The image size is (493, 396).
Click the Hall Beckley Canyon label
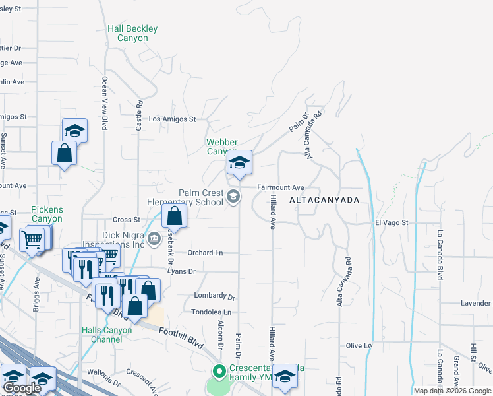coord(132,34)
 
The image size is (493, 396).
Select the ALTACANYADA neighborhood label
coord(324,199)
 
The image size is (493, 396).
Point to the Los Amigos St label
coord(173,119)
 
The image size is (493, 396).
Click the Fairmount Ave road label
coord(280,187)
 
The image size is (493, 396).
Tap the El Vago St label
coord(392,223)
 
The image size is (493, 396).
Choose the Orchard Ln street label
coord(205,253)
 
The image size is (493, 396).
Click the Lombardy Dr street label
coord(214,296)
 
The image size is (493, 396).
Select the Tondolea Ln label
coord(211,312)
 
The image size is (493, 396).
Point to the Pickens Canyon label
coord(47,214)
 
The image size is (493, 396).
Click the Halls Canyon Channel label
coord(101,335)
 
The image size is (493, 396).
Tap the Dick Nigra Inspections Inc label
coord(123,239)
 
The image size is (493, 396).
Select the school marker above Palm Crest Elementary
coord(239,162)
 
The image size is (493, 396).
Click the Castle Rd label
coord(139,114)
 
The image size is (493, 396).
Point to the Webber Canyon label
coord(221,147)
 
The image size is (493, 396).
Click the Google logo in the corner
coord(22,388)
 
